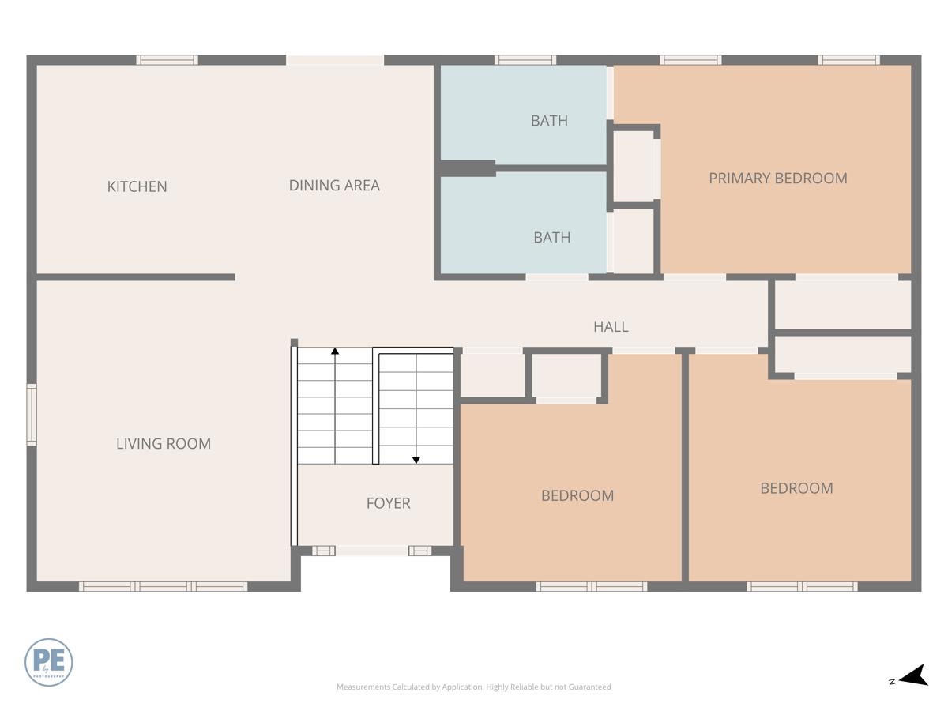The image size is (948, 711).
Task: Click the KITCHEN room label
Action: (x=137, y=186)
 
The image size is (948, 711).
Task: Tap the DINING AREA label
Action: (x=334, y=186)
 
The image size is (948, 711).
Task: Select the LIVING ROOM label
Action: (x=164, y=444)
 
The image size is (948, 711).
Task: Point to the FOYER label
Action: (x=388, y=503)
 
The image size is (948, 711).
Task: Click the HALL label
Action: (x=611, y=326)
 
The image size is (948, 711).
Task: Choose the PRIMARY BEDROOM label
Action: (x=777, y=178)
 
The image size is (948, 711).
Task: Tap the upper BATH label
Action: (x=549, y=121)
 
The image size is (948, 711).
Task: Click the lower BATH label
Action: (x=551, y=237)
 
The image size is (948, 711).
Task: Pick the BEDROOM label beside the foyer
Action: (x=577, y=495)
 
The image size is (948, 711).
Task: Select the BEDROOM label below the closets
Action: (x=796, y=488)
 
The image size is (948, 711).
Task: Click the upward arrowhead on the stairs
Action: (x=335, y=351)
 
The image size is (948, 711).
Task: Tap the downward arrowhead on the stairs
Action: (x=416, y=460)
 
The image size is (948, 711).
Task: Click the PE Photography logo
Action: (x=49, y=662)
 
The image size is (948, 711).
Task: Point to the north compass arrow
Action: (x=914, y=676)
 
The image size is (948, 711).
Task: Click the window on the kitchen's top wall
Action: (x=167, y=60)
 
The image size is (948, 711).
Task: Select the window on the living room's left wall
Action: (x=32, y=415)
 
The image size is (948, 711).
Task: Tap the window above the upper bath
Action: (x=525, y=60)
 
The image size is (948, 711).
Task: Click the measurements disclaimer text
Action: (x=473, y=687)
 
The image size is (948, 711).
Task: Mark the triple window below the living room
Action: (x=164, y=586)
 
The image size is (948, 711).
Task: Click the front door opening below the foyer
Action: (x=371, y=551)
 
